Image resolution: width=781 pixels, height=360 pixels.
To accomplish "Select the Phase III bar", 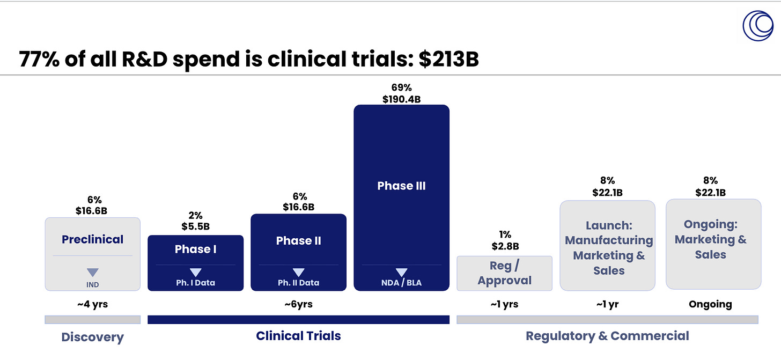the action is tap(401, 197).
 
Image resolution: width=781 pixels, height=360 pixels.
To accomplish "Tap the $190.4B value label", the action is tap(401, 99).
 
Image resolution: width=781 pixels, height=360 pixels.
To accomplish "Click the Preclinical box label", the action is tap(92, 239).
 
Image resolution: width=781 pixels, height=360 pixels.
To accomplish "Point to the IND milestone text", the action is tap(92, 285).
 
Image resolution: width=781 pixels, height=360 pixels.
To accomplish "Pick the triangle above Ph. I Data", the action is tap(196, 273).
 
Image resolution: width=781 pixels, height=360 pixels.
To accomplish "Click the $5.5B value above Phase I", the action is tap(196, 226).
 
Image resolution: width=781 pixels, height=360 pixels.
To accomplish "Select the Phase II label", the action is tap(298, 240).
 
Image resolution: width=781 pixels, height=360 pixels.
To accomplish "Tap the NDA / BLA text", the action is tap(401, 283).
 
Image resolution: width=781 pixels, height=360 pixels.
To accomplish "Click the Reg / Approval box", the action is tap(505, 273).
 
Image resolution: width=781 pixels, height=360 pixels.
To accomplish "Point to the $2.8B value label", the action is tap(505, 246).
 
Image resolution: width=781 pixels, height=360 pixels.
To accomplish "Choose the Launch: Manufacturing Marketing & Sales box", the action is tap(607, 246).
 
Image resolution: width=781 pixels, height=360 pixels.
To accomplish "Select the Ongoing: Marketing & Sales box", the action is tap(713, 244).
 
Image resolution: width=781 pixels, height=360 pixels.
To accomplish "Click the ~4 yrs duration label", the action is tap(92, 304).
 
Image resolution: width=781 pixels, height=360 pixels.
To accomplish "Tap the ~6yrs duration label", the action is tap(298, 304).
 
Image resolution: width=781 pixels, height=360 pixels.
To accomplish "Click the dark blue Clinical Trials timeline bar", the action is tap(298, 320).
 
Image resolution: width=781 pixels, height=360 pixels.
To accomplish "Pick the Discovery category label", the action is tap(92, 337).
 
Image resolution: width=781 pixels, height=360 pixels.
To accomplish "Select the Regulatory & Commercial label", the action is tap(607, 336).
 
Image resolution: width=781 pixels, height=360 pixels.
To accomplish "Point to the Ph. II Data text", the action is tap(298, 283).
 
